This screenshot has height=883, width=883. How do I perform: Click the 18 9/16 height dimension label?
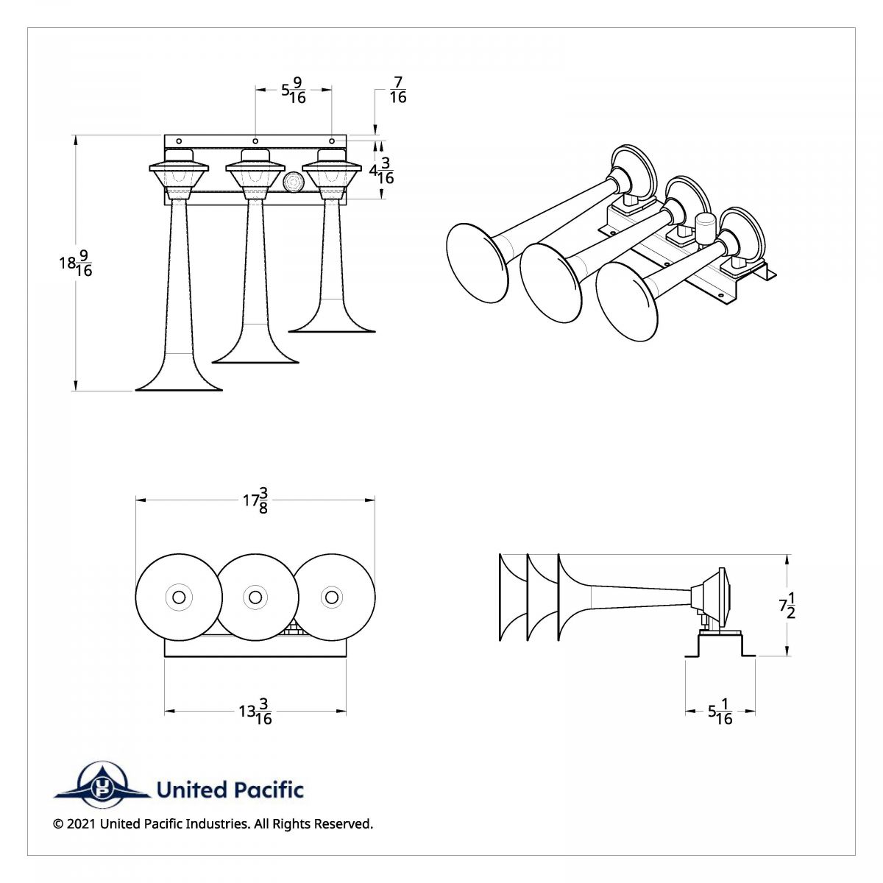(76, 263)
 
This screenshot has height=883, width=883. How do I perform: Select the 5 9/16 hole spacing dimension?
(293, 91)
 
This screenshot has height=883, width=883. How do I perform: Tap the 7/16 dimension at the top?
(397, 90)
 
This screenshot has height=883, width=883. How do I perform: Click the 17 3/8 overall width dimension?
(255, 500)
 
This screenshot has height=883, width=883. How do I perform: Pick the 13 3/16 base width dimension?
(255, 712)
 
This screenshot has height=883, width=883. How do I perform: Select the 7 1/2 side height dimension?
(787, 605)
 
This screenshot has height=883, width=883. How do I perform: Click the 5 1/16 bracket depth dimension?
(720, 712)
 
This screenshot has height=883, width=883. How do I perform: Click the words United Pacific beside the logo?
(230, 790)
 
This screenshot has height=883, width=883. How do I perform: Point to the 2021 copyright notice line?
(213, 823)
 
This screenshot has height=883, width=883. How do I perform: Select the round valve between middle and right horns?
(293, 182)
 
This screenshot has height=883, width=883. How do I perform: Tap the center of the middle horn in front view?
(255, 597)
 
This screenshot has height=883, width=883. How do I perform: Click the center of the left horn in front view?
(178, 597)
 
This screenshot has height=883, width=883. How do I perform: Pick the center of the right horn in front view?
(333, 597)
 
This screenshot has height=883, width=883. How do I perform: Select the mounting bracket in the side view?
(720, 645)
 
